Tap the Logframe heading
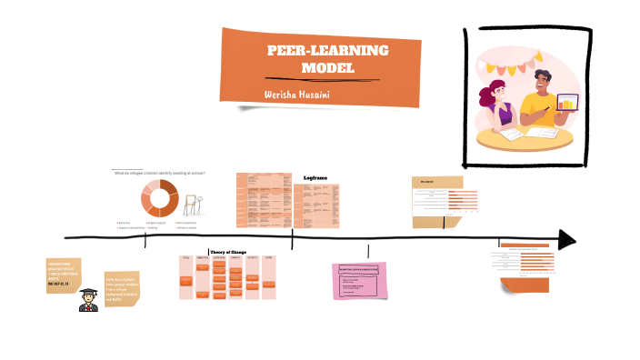[315, 178]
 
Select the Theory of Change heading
[229, 252]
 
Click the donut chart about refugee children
[159, 198]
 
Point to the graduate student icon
[88, 299]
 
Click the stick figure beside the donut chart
[192, 205]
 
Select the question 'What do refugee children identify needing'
[159, 173]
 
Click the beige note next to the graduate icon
[121, 288]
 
